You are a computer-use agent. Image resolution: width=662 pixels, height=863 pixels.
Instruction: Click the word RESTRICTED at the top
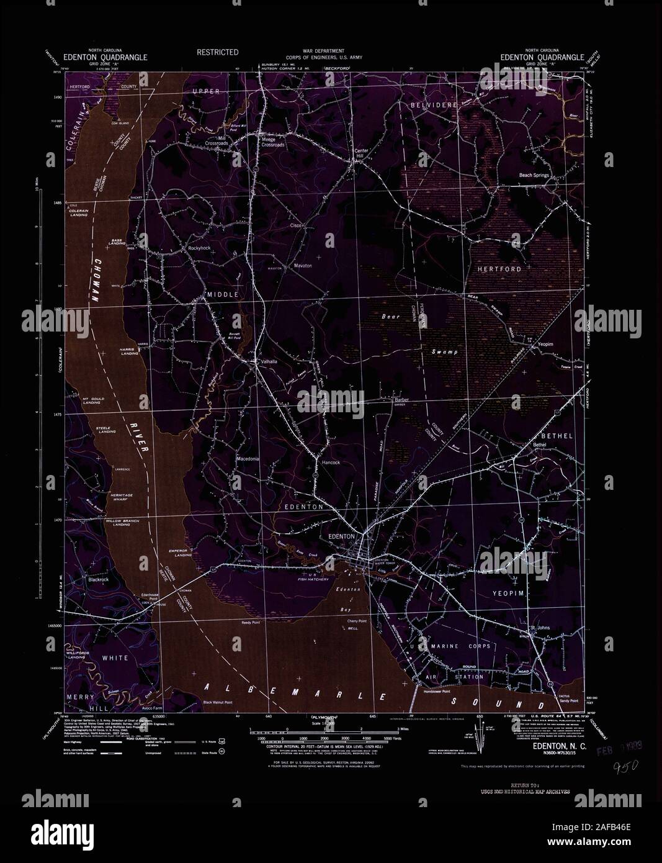click(x=217, y=53)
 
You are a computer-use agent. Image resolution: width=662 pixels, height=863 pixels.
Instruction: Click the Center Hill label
click(x=361, y=153)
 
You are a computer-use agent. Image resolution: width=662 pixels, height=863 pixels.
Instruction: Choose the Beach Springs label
click(x=534, y=176)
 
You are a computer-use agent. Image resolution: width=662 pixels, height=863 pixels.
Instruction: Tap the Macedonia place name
click(x=247, y=459)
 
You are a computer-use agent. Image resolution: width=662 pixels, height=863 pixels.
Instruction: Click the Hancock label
click(x=331, y=463)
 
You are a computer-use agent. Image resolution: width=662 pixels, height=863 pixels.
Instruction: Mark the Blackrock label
click(x=99, y=579)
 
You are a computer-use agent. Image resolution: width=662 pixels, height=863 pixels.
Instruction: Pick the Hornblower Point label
click(x=431, y=691)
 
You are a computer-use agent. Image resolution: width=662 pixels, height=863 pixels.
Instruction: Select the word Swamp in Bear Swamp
click(x=445, y=352)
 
